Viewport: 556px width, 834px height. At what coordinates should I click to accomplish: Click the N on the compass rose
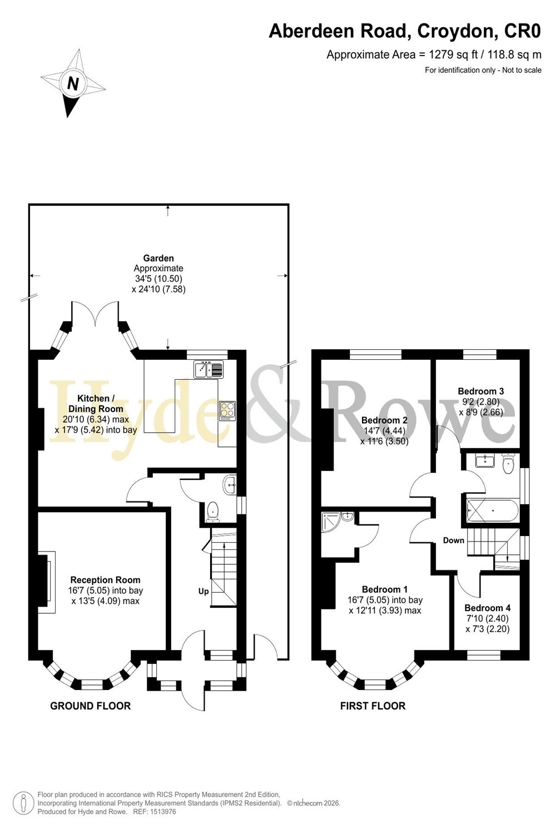pyautogui.click(x=73, y=83)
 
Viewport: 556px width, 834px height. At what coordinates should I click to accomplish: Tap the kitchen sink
pyautogui.click(x=208, y=369)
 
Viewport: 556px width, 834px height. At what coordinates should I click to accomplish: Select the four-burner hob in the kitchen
pyautogui.click(x=227, y=411)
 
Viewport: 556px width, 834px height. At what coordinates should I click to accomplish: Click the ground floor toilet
pyautogui.click(x=212, y=510)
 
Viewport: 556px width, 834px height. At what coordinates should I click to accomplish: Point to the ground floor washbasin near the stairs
pyautogui.click(x=230, y=485)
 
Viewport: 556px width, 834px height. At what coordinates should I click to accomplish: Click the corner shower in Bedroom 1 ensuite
pyautogui.click(x=331, y=522)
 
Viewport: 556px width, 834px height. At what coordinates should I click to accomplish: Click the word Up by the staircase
pyautogui.click(x=203, y=591)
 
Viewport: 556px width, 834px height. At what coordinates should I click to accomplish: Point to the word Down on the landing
pyautogui.click(x=454, y=540)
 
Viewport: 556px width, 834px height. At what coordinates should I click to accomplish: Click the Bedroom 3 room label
pyautogui.click(x=481, y=391)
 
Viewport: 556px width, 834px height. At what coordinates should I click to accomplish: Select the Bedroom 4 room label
pyautogui.click(x=488, y=608)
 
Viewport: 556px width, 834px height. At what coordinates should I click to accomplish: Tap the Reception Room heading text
pyautogui.click(x=106, y=580)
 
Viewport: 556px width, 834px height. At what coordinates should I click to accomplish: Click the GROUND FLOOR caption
pyautogui.click(x=91, y=706)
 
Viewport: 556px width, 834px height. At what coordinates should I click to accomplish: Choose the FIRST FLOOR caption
pyautogui.click(x=373, y=706)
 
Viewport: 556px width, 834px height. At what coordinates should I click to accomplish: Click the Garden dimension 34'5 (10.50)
pyautogui.click(x=158, y=279)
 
